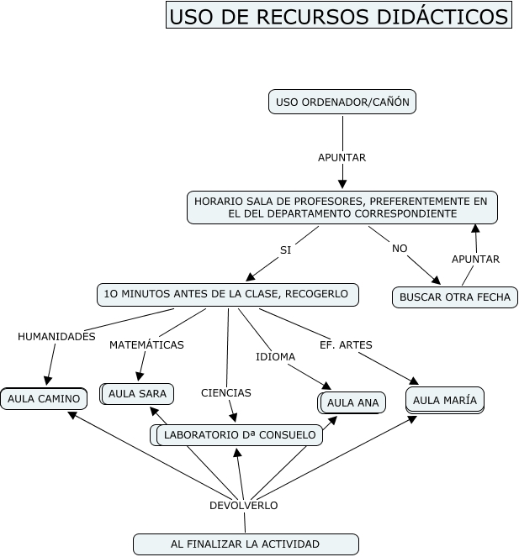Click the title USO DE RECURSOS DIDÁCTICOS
click(x=338, y=16)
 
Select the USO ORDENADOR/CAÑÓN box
click(x=342, y=102)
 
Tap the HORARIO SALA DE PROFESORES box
click(x=342, y=208)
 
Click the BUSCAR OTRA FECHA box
click(x=455, y=297)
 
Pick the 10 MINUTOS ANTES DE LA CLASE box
click(x=228, y=294)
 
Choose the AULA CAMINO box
click(x=44, y=398)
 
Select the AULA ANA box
click(x=352, y=402)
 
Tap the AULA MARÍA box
click(x=445, y=399)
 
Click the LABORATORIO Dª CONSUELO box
click(x=240, y=434)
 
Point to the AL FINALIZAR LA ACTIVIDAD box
click(x=245, y=544)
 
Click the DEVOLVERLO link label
click(x=243, y=505)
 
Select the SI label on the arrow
click(x=285, y=250)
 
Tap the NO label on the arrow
click(x=400, y=248)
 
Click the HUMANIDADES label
click(x=56, y=336)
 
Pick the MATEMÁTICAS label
click(x=146, y=344)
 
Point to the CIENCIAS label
click(x=225, y=392)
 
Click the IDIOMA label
click(x=275, y=356)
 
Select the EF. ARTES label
click(x=346, y=344)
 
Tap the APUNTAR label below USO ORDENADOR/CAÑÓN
click(x=342, y=157)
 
